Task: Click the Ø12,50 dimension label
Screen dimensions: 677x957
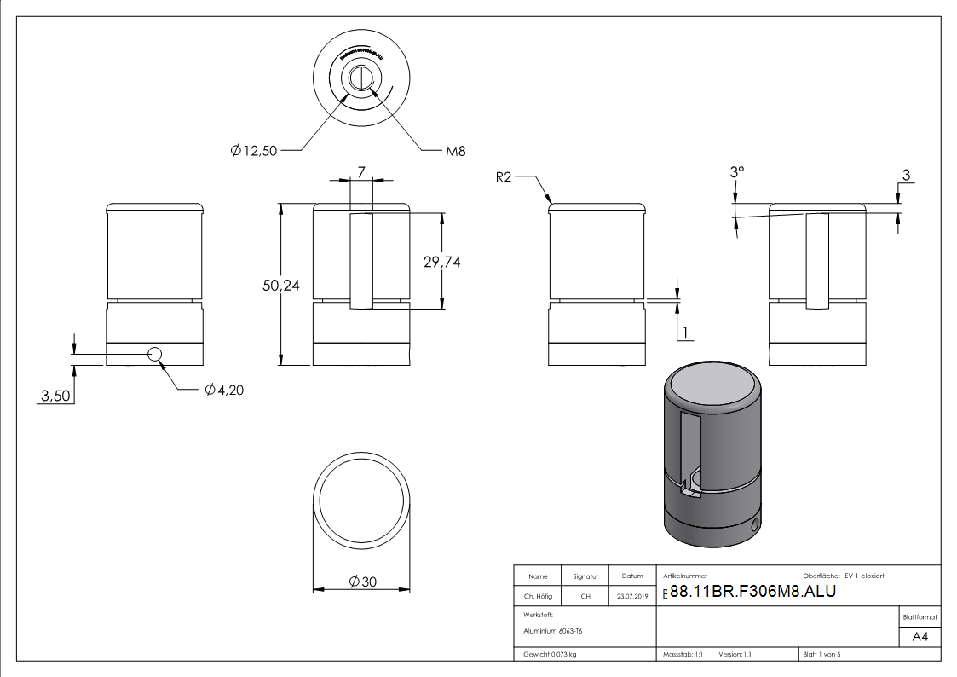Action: point(253,151)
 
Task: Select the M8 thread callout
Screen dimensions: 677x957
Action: point(456,151)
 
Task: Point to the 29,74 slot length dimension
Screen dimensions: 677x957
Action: point(441,263)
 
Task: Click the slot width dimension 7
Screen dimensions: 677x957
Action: point(361,172)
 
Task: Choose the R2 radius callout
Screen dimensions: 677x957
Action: point(504,177)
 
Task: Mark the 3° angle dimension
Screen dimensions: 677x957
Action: point(737,172)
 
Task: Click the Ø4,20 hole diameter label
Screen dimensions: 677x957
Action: point(224,391)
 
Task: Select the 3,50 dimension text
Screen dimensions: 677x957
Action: point(56,396)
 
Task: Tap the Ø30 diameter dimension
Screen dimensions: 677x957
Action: point(363,582)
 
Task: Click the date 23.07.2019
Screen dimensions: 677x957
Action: point(632,597)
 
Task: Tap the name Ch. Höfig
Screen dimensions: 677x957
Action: point(539,597)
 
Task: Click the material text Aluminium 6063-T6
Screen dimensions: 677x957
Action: point(553,631)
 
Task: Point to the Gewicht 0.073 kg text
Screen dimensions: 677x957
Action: point(550,655)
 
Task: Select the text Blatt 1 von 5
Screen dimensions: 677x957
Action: point(822,655)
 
